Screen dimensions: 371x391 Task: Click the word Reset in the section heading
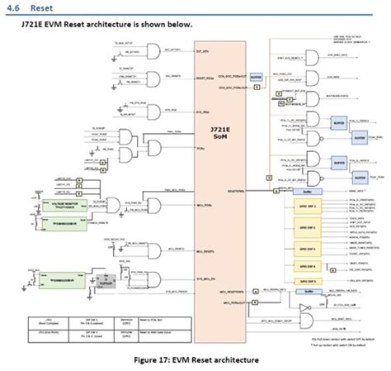tap(42, 7)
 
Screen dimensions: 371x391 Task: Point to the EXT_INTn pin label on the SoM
tap(199, 50)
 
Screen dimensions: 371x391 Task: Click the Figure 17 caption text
tap(195, 359)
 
